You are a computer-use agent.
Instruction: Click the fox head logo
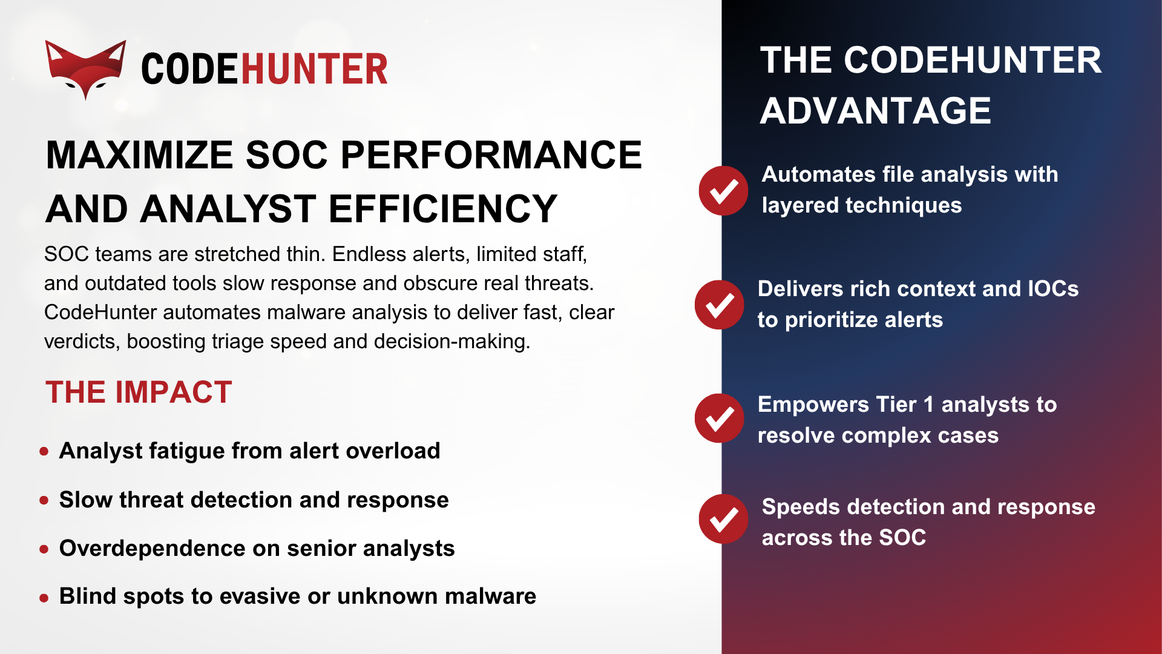(x=85, y=68)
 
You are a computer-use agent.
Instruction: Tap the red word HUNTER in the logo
(x=314, y=69)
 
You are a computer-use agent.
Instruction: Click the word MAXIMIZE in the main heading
(x=140, y=155)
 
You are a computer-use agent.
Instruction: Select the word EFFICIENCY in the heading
(x=442, y=209)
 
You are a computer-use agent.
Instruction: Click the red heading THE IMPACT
(x=139, y=392)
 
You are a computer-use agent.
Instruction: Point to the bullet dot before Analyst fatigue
(x=44, y=451)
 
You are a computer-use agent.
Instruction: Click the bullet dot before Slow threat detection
(x=44, y=500)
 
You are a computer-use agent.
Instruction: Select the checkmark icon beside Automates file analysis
(x=723, y=191)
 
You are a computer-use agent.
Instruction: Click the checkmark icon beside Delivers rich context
(x=720, y=305)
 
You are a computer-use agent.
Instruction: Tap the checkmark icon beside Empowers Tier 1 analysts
(x=720, y=418)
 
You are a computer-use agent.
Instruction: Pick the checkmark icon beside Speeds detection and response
(x=723, y=519)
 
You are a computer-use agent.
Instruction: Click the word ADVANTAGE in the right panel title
(x=875, y=111)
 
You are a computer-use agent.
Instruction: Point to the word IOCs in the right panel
(x=1053, y=289)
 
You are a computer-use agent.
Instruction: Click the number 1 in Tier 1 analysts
(x=928, y=405)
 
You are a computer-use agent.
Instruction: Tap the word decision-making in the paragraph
(x=451, y=342)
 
